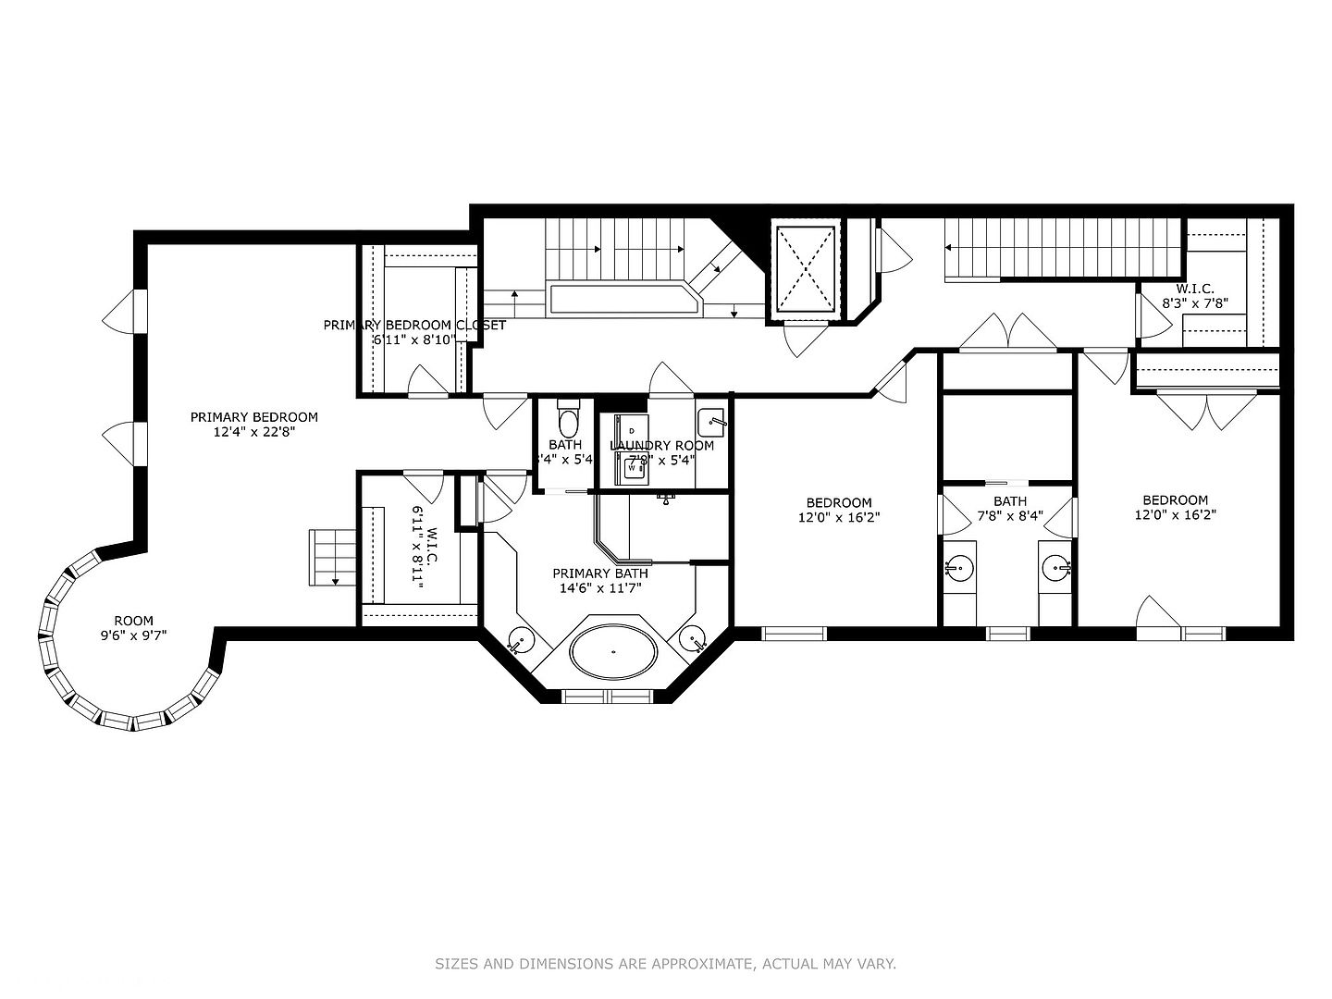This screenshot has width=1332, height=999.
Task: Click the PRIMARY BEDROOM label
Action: point(253,417)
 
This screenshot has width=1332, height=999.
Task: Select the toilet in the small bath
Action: point(568,420)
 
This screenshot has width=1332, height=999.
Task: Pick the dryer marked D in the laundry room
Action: point(633,430)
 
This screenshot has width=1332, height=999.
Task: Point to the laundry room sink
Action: point(711,422)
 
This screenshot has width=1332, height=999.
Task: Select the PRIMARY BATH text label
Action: point(599,573)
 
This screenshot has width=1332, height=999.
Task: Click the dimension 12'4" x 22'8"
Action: point(253,432)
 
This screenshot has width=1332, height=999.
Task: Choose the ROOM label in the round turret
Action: point(134,621)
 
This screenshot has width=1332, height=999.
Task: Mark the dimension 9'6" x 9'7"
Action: point(134,635)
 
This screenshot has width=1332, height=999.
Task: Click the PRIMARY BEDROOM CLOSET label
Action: point(414,325)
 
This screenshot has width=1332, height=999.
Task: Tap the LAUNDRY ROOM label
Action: point(661,446)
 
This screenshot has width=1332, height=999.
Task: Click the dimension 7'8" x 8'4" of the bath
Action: point(1009,516)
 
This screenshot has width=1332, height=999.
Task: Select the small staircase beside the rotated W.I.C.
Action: point(326,557)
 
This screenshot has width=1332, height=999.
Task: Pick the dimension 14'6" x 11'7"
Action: point(599,587)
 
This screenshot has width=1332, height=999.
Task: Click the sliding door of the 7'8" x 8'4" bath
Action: point(1007,483)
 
